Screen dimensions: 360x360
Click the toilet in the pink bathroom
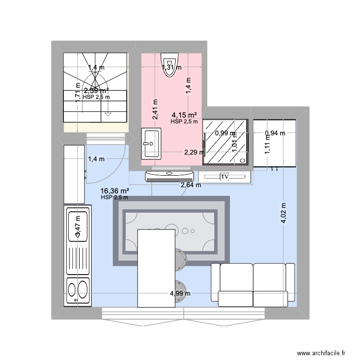coord(169,62)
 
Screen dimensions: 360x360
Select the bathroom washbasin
coord(150,143)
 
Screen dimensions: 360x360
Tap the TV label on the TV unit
coord(224,177)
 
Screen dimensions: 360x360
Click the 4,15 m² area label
coord(184,115)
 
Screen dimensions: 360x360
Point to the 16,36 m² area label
coord(114,191)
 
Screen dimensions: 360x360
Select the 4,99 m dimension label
coord(180,294)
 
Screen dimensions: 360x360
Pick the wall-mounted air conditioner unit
coord(169,176)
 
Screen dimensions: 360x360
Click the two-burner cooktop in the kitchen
coord(78,290)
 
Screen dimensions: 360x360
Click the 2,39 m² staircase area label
coord(96,90)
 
